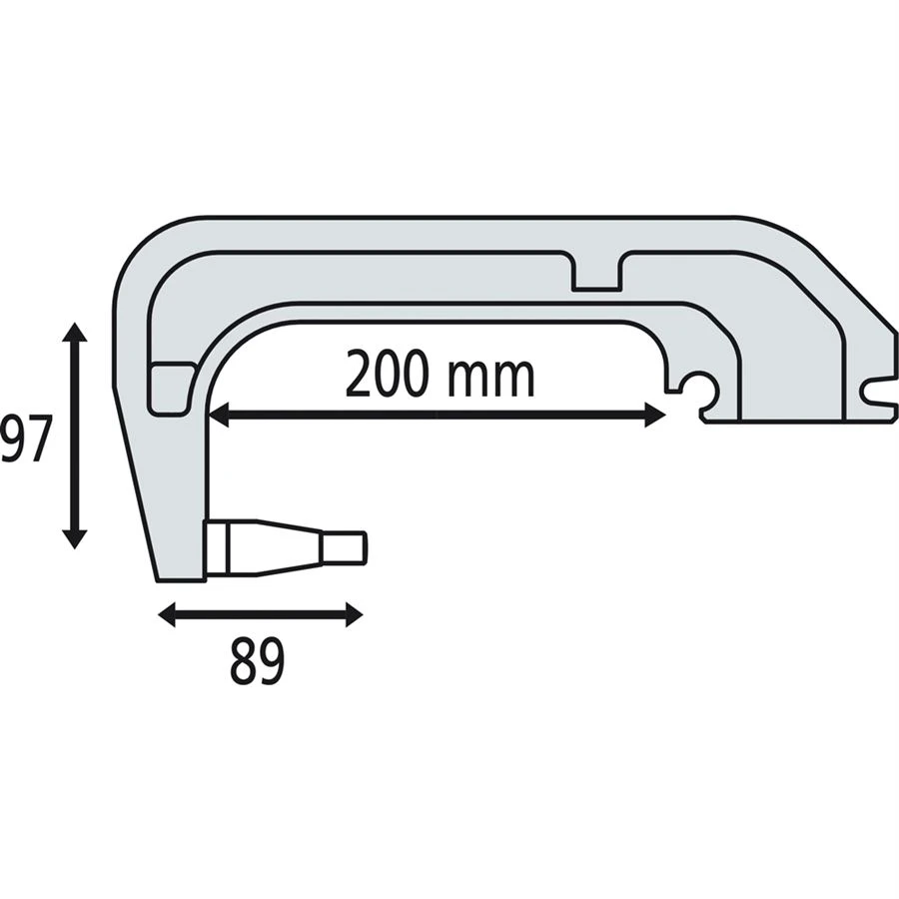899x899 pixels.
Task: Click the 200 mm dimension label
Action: [x=441, y=375]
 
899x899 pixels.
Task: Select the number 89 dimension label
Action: [x=257, y=661]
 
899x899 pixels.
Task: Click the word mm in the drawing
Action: [x=491, y=381]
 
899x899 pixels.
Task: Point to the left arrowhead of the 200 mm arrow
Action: [x=219, y=415]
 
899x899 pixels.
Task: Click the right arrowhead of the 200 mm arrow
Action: [x=655, y=415]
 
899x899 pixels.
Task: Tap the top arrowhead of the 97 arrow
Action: [x=74, y=333]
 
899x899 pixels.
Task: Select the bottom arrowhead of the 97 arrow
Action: [x=74, y=538]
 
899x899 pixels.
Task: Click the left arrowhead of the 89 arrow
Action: [x=168, y=615]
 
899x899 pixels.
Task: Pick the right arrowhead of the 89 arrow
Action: [x=354, y=615]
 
